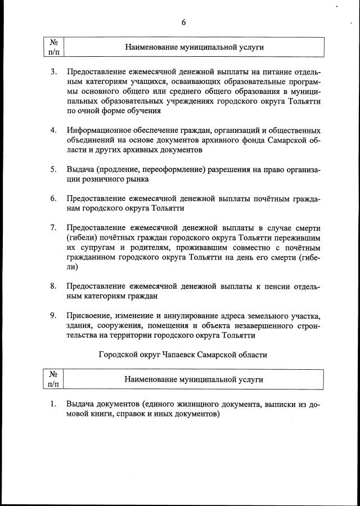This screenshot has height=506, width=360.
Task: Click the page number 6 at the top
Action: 183,23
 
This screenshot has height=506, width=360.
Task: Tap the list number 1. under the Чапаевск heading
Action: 53,404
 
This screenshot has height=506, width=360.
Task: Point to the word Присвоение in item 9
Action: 87,316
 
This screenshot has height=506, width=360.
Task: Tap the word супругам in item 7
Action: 94,247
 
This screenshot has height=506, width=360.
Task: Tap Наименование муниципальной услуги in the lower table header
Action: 193,379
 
